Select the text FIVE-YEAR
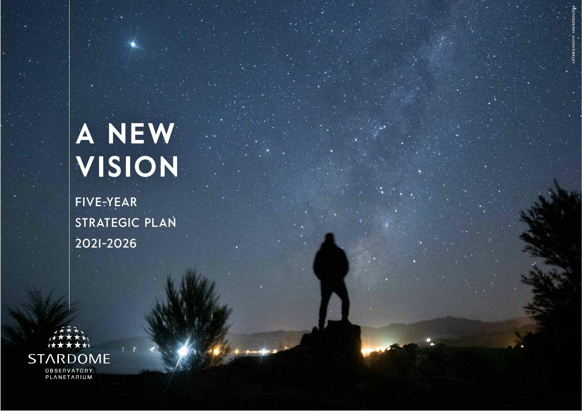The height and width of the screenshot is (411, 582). (106, 202)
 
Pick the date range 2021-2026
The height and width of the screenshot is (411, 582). (106, 244)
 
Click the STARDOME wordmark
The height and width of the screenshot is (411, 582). (69, 359)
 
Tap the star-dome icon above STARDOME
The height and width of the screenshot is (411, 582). (69, 337)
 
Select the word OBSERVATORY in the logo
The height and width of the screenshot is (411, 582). (69, 371)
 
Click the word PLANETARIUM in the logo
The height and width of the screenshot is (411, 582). (69, 377)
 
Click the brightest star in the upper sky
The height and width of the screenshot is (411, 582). (133, 44)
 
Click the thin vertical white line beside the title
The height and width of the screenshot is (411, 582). (70, 155)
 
